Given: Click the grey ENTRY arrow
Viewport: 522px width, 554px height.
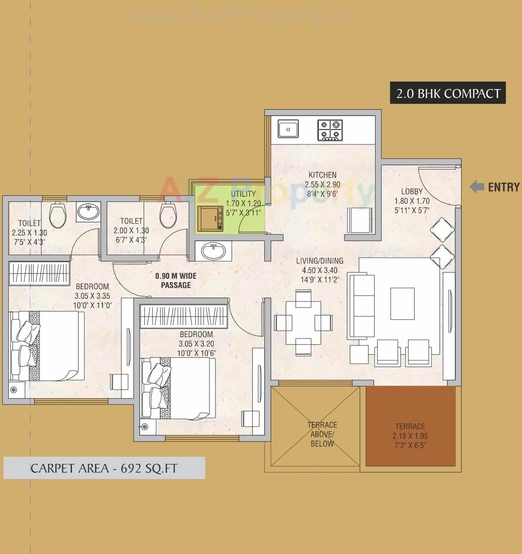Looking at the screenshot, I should [x=477, y=187].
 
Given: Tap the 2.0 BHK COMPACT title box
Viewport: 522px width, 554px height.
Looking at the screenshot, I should [x=448, y=93].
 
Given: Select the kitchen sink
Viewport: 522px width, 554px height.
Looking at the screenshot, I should [x=288, y=129].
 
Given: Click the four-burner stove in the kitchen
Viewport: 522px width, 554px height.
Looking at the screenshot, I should [x=330, y=130].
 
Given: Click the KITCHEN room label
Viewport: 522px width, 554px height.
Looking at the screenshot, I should [x=322, y=175].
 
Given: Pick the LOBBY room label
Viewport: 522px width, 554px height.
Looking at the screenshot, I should [x=412, y=191].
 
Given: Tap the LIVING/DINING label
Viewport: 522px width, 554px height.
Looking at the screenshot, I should [x=320, y=261].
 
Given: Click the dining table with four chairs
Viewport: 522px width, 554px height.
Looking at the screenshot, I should [x=304, y=323].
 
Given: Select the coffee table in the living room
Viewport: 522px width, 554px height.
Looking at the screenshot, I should [x=402, y=304].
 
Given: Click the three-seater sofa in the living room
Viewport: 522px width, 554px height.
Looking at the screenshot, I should [x=361, y=306].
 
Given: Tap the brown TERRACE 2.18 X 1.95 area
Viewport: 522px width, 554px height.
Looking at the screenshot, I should [x=410, y=427].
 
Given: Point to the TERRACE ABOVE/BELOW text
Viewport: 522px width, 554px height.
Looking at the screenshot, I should [x=322, y=434].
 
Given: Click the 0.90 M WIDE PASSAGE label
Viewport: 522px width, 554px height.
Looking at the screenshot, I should [x=176, y=280].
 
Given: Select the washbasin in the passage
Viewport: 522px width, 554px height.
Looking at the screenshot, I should [x=213, y=251].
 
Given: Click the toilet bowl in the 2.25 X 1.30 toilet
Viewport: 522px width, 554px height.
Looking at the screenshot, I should [x=57, y=215].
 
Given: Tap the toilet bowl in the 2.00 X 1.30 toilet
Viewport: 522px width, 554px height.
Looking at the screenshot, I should [x=168, y=215].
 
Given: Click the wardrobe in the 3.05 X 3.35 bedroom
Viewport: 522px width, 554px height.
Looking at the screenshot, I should [x=39, y=273].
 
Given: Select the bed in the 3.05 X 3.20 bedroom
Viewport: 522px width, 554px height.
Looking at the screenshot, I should [x=179, y=388].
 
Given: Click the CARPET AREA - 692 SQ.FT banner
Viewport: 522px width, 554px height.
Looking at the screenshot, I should [x=104, y=468].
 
